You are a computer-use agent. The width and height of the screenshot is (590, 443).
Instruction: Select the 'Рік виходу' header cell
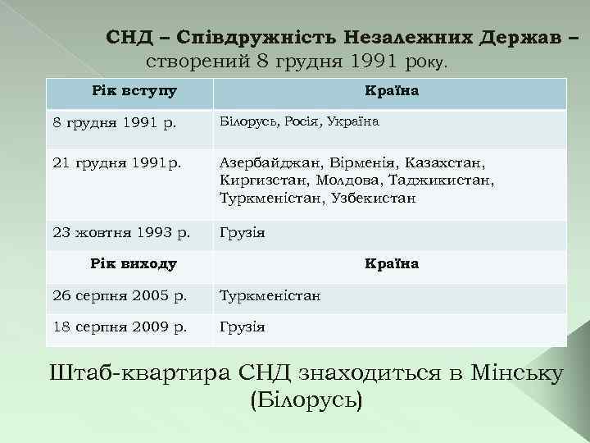coord(134,263)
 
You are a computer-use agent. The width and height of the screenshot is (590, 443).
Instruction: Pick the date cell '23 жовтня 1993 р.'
coord(121,233)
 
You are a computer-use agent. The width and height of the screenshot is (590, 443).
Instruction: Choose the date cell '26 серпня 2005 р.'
coord(120,295)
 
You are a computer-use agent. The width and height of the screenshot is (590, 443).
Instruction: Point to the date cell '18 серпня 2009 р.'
coord(120,327)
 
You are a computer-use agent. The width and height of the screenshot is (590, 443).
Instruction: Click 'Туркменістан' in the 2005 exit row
coord(270,295)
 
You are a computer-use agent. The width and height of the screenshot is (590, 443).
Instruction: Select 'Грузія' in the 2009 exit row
coord(242,327)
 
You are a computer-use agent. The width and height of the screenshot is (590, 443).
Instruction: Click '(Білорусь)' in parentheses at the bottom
coord(304,401)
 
